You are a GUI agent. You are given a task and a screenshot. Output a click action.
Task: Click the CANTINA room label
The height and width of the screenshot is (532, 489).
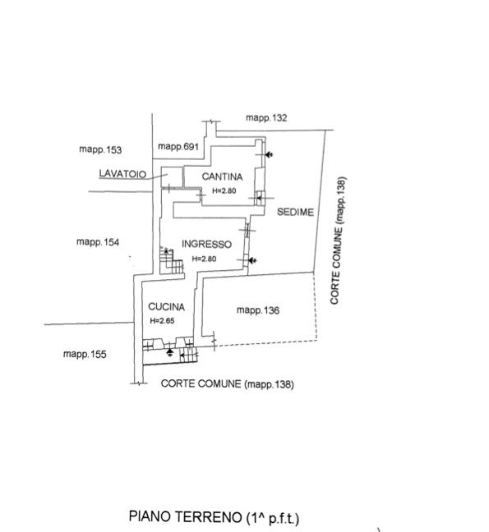click(x=222, y=177)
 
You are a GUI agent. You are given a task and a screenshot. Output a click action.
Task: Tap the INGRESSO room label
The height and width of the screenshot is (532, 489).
click(x=206, y=244)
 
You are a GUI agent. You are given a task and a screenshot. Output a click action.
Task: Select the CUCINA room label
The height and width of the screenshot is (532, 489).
click(x=166, y=307)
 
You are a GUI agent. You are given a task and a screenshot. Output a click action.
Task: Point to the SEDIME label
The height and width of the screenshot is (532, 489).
click(x=295, y=212)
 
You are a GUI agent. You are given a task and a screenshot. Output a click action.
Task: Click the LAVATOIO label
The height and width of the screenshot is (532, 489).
click(x=122, y=174)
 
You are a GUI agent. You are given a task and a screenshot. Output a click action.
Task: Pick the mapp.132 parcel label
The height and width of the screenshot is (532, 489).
click(x=266, y=117)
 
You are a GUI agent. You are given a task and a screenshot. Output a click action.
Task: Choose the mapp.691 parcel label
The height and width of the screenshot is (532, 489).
click(x=178, y=147)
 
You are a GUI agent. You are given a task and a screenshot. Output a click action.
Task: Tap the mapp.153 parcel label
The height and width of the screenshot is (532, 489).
click(x=100, y=149)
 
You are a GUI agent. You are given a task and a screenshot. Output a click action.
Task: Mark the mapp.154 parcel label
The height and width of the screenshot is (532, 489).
click(x=98, y=242)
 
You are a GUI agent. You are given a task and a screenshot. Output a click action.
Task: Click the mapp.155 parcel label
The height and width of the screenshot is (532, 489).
click(x=85, y=354)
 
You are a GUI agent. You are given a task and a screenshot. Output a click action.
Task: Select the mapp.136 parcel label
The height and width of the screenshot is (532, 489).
click(x=258, y=310)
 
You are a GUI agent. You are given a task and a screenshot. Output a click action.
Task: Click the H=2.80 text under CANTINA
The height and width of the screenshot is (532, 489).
click(x=224, y=190)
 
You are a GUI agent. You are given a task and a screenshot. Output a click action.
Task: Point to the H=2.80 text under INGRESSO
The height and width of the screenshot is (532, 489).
click(x=204, y=259)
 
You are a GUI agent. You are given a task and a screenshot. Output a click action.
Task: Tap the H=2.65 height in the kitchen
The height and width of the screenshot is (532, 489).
click(x=163, y=321)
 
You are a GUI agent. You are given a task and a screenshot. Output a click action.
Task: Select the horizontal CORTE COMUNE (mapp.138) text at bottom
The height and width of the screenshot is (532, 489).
click(x=227, y=383)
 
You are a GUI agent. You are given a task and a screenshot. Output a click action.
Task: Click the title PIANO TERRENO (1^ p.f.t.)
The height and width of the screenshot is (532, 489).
click(x=214, y=517)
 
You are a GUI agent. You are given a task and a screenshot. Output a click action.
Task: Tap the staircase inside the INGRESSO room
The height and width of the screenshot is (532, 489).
click(x=172, y=260)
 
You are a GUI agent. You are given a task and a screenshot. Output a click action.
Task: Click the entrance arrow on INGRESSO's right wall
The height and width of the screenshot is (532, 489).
click(x=252, y=260)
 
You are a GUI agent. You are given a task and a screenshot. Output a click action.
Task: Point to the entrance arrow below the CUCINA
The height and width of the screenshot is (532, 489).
click(x=170, y=352)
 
